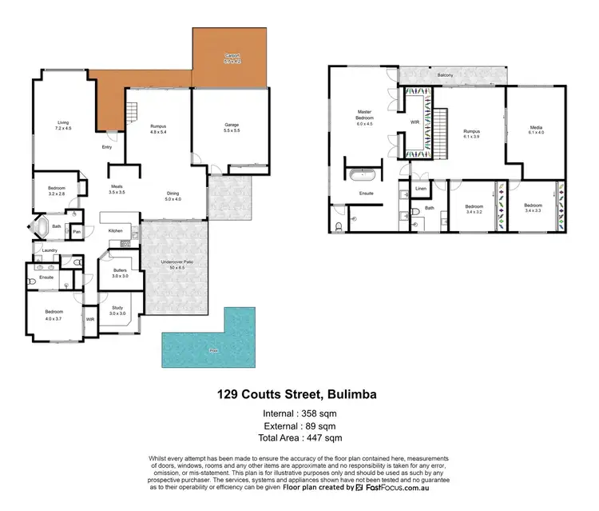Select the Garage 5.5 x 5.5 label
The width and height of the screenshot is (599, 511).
coord(232,126)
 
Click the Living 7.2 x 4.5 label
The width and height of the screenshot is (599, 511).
coord(63,126)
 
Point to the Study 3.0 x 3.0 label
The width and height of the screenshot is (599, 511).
coord(118,311)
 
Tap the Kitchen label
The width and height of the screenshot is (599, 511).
coord(115,230)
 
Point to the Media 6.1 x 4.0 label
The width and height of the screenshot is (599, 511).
coord(536,130)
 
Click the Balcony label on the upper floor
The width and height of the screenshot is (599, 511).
coord(446,75)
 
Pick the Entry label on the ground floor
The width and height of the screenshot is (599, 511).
coord(106,147)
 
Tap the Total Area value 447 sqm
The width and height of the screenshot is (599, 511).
coord(326,437)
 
